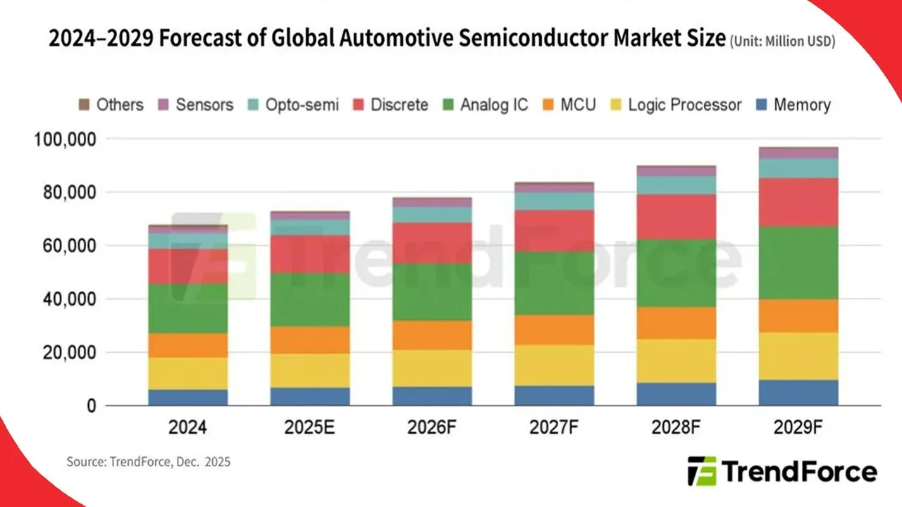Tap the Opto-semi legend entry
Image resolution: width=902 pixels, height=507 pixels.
pos(294,105)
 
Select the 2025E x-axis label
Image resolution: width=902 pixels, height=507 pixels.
pos(310,428)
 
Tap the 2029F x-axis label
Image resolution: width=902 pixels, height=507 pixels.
pos(798,428)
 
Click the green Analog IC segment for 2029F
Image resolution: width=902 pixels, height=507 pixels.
pos(798,263)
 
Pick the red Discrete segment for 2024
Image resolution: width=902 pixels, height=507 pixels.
pos(188,266)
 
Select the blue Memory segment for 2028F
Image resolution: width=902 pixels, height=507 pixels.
pos(676,394)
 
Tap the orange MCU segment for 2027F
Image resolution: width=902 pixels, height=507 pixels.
pos(554,330)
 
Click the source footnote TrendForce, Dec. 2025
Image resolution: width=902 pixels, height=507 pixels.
pos(149,463)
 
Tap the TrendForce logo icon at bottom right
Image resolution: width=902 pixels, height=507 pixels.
pos(702,471)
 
